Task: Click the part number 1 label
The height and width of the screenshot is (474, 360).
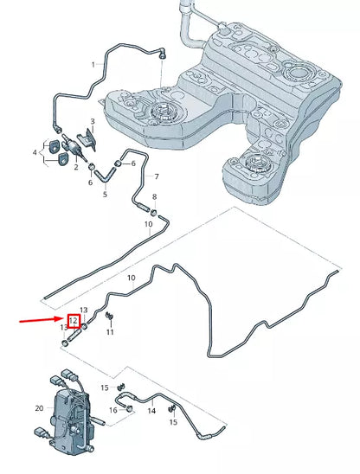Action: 93,64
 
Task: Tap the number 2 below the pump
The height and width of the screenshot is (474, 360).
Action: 76,167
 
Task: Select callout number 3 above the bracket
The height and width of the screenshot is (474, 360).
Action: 93,121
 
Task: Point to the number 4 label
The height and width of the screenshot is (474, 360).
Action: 35,152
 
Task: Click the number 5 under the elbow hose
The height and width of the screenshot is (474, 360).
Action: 105,194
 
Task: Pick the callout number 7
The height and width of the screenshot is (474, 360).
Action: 157,176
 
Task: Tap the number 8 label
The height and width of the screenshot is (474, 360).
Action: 155,197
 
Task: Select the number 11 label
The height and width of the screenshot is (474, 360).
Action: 110,332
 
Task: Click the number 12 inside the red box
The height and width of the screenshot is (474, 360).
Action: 74,320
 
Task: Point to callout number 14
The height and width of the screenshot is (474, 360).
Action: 151,411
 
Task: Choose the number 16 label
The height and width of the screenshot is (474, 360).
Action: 113,410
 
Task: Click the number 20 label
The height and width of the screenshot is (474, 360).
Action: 39,408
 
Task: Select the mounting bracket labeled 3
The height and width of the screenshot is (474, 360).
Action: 87,139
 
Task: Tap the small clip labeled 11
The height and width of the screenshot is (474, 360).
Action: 109,316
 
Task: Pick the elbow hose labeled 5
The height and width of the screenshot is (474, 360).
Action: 105,176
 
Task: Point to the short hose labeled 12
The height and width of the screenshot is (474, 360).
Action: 74,336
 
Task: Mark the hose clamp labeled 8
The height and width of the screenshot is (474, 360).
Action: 154,212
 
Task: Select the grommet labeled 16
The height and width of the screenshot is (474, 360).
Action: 130,408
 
